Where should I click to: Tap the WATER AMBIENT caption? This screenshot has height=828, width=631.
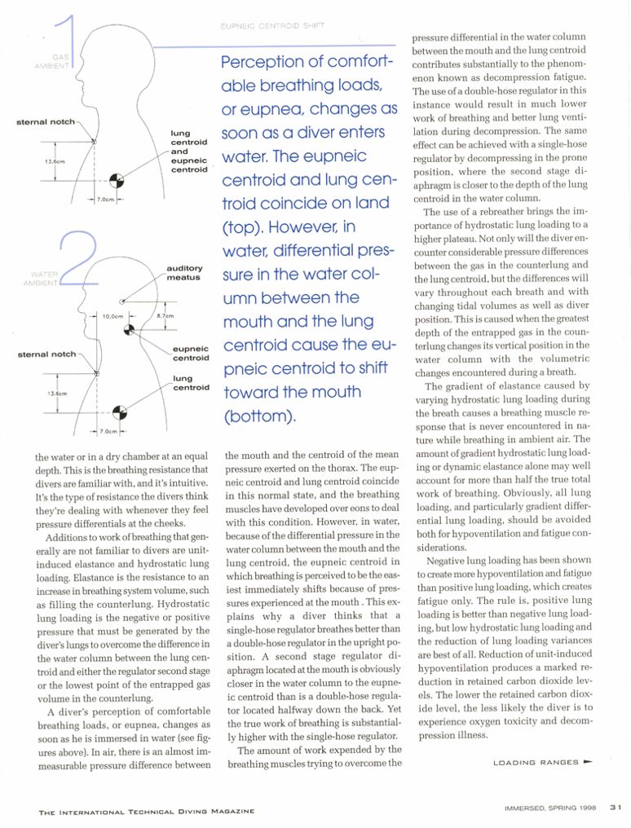45,279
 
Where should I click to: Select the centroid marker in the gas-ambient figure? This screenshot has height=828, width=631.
117,178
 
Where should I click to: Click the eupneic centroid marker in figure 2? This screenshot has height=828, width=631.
127,329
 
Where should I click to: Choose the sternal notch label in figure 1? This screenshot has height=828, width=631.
46,122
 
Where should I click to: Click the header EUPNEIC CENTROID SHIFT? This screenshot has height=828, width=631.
272,26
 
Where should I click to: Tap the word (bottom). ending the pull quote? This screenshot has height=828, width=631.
258,416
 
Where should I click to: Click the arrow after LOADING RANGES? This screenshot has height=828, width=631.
588,762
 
